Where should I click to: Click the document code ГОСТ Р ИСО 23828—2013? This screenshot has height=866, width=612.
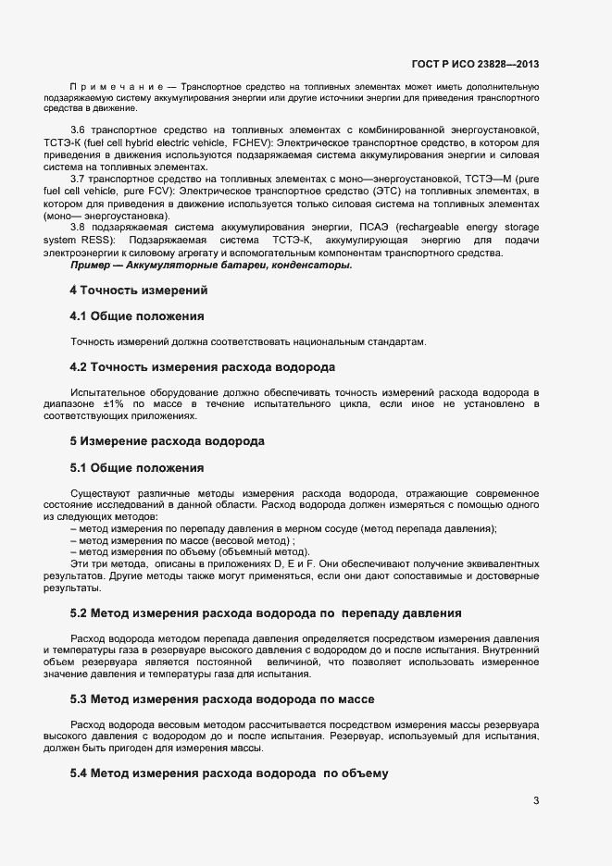pos(475,64)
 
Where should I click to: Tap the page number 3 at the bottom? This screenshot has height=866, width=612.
pos(536,800)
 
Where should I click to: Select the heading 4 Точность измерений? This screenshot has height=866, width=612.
pos(139,290)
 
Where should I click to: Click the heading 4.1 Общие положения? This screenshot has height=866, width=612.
pos(137,316)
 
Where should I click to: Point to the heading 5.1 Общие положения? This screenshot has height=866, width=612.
pos(137,467)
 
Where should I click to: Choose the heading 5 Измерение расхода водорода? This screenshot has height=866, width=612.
pos(168,440)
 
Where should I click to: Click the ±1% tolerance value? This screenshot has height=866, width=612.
pos(113,405)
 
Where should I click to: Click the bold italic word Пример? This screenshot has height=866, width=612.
pos(94,266)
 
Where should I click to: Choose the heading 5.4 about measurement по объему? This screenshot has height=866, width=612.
pos(228,772)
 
